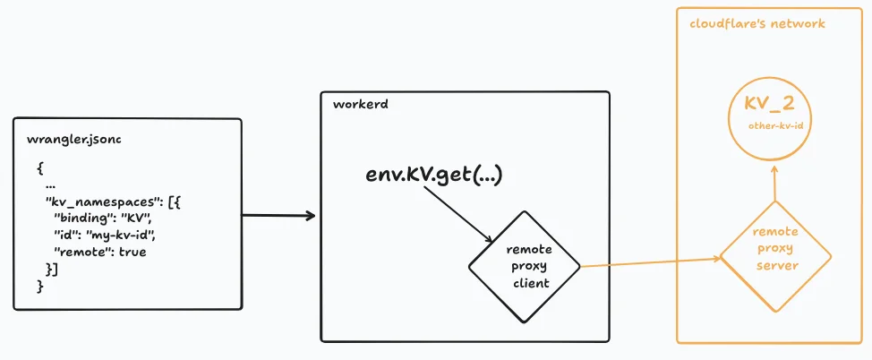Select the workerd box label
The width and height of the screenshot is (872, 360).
353,106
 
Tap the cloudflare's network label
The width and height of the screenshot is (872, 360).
757,23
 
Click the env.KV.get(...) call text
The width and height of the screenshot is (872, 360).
434,175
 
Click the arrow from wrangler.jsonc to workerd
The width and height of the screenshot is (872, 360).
278,216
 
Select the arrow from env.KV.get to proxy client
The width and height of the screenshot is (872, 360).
457,216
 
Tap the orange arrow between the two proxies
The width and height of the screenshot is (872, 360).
650,262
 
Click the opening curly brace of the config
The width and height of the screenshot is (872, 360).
40,167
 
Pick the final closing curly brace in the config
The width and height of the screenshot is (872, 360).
40,285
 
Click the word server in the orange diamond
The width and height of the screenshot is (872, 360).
775,265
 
